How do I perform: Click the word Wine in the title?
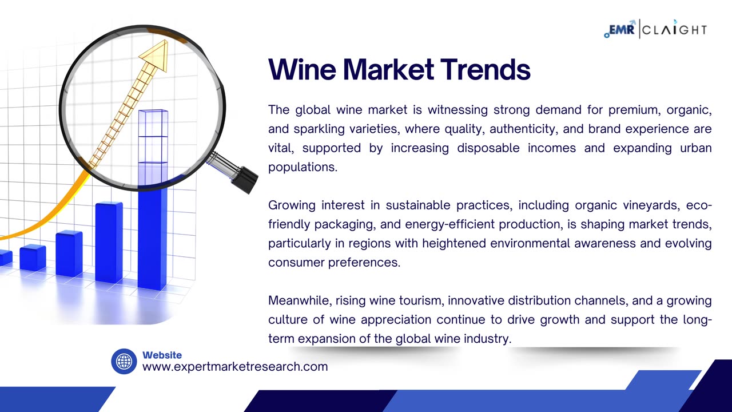[x=302, y=69]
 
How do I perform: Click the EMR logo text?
[x=620, y=30]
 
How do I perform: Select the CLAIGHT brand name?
[x=674, y=30]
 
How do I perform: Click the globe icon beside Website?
[x=124, y=361]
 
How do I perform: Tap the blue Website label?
[x=162, y=355]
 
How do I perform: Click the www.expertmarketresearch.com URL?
[x=235, y=367]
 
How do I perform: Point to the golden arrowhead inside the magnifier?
[x=154, y=55]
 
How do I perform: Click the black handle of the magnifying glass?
[x=244, y=179]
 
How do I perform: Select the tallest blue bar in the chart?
[x=153, y=200]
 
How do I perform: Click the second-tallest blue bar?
[x=109, y=242]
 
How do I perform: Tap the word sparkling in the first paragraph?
[x=319, y=129]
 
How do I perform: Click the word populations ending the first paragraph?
[x=303, y=167]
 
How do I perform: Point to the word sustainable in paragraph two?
[x=418, y=205]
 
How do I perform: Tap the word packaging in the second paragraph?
[x=344, y=224]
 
